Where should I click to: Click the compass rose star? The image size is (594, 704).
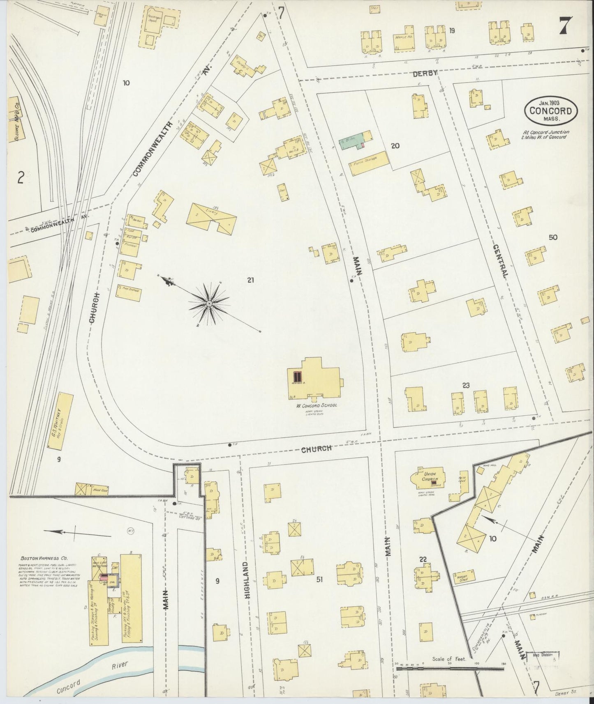209,304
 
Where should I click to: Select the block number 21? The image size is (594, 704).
251,281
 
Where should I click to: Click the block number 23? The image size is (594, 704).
466,385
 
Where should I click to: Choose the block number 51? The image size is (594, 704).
319,580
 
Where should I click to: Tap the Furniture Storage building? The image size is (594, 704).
368,163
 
